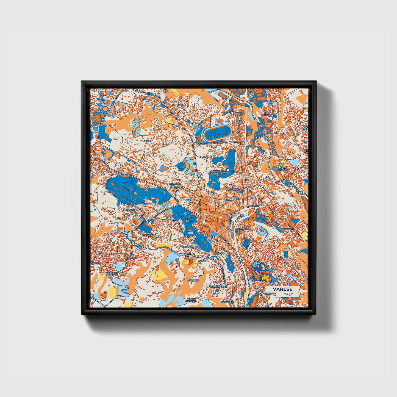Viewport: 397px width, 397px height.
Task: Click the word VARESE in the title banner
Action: pyautogui.click(x=282, y=289)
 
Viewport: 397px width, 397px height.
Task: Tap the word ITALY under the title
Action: pyautogui.click(x=287, y=294)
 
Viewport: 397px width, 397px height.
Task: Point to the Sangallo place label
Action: pyautogui.click(x=178, y=105)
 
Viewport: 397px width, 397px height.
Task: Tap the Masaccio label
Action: pyautogui.click(x=206, y=157)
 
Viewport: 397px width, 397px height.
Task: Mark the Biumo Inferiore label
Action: pyautogui.click(x=234, y=189)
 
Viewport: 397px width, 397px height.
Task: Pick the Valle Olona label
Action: pyautogui.click(x=284, y=168)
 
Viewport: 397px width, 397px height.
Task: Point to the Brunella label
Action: pyautogui.click(x=175, y=183)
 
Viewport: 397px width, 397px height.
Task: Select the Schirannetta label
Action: pyautogui.click(x=132, y=210)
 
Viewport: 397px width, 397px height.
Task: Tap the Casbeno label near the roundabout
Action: pyautogui.click(x=148, y=235)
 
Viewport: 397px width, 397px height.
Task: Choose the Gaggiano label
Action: pyautogui.click(x=188, y=247)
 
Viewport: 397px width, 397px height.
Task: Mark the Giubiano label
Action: pyautogui.click(x=243, y=228)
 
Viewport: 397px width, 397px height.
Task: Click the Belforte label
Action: pyautogui.click(x=288, y=229)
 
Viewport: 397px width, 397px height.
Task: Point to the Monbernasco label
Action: pyautogui.click(x=219, y=286)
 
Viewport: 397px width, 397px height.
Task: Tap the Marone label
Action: pyautogui.click(x=192, y=280)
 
